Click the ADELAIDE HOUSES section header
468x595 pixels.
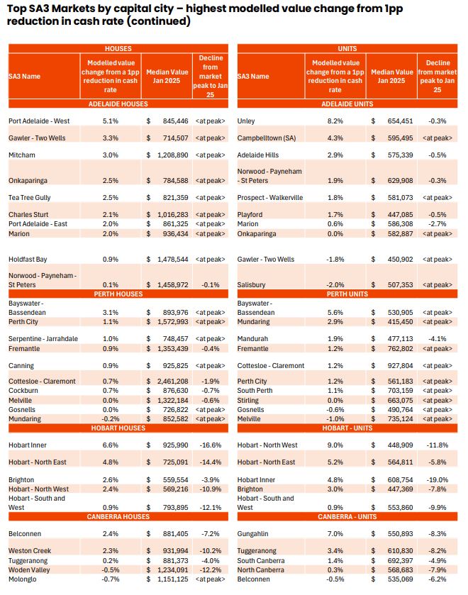[118, 104]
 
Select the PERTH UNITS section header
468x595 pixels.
[347, 293]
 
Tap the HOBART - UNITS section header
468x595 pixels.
[347, 428]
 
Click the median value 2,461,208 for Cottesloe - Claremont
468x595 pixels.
[171, 381]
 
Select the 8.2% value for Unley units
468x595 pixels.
[335, 121]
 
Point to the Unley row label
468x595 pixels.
[247, 121]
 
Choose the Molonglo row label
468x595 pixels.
[23, 579]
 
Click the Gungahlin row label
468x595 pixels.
[254, 533]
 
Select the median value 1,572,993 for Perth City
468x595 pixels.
[171, 321]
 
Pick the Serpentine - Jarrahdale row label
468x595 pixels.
[43, 339]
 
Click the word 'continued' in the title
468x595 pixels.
[160, 21]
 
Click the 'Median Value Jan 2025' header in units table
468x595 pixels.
[391, 76]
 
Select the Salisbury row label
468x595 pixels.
[252, 284]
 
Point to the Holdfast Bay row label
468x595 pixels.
[29, 260]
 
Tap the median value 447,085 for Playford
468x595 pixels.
[396, 214]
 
